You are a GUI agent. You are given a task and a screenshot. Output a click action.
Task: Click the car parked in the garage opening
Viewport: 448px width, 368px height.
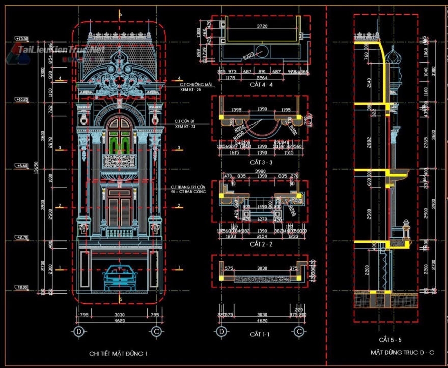(x=120, y=278)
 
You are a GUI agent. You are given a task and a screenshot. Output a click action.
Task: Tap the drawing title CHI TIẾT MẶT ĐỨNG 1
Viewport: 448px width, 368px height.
(x=119, y=353)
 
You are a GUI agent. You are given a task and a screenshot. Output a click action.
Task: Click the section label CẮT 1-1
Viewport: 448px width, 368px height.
(x=260, y=334)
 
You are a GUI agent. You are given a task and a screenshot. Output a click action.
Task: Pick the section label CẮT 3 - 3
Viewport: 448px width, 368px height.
(x=261, y=162)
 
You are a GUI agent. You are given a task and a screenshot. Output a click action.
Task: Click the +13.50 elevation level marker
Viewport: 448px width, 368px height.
(x=21, y=39)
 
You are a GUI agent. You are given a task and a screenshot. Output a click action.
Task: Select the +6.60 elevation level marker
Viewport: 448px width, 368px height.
(x=21, y=166)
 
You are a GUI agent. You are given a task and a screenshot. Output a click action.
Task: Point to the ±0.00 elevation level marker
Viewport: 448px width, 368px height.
(x=21, y=288)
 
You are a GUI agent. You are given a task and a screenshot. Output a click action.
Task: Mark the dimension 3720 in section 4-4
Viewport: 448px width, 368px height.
(x=262, y=26)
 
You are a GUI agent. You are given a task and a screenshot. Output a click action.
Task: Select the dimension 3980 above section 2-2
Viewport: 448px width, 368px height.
(x=261, y=171)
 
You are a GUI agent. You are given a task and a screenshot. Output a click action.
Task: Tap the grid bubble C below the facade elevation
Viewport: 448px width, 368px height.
(x=155, y=331)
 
